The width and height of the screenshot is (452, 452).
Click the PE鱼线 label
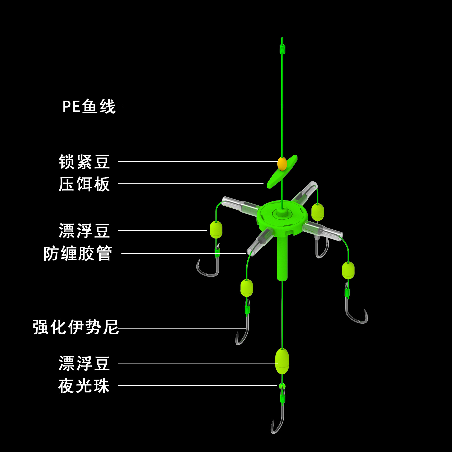(89, 106)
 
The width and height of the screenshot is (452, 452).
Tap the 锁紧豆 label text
(84, 162)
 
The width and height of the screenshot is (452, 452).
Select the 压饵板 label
(84, 184)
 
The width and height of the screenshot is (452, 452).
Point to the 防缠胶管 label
(78, 253)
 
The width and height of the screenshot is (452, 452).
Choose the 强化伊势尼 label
(76, 327)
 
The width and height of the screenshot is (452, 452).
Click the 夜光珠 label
(84, 386)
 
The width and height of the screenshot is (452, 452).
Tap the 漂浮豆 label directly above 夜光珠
(84, 363)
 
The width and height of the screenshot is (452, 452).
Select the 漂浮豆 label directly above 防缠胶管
(84, 231)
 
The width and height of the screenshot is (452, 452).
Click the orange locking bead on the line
(282, 164)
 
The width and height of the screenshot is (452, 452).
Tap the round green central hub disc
(282, 216)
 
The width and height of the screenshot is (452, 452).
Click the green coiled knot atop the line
(282, 49)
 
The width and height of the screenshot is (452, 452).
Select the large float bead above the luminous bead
(282, 361)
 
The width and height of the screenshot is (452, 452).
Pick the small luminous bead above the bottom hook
(282, 386)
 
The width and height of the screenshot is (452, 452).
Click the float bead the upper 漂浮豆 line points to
(216, 230)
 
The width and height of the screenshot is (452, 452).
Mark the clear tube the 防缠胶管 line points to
(259, 242)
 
